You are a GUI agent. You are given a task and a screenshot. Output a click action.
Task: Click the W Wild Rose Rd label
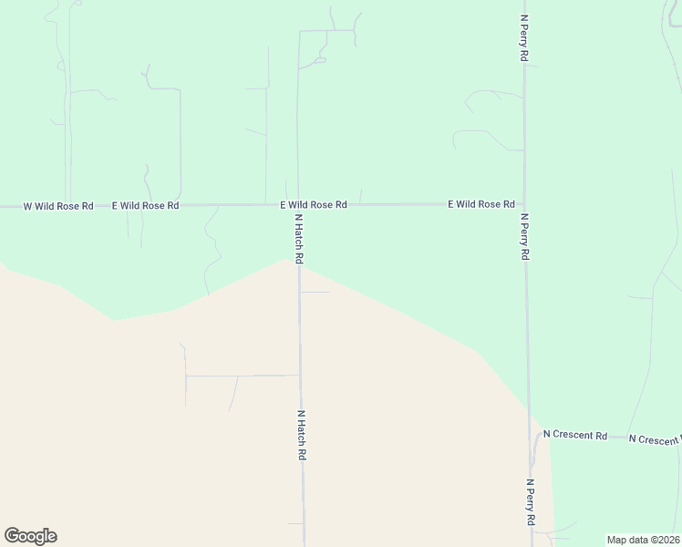click(58, 206)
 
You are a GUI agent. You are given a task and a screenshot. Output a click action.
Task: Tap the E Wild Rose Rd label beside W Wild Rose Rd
click(145, 206)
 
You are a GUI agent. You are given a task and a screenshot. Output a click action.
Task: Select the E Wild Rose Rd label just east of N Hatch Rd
click(313, 205)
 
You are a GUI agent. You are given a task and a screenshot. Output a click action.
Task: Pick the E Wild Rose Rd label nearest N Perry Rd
click(481, 205)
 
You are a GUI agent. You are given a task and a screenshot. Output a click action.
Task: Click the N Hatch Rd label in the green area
click(298, 239)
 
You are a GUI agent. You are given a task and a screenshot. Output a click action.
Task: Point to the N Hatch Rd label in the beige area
click(300, 434)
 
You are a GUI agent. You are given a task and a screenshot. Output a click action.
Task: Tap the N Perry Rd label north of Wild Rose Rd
click(524, 36)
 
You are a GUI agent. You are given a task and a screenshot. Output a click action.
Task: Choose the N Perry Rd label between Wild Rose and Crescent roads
click(524, 237)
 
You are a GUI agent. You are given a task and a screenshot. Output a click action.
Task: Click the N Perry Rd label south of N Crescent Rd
click(530, 501)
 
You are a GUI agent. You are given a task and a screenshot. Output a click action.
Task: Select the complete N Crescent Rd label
click(575, 436)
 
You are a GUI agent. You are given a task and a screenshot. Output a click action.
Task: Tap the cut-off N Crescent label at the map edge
click(656, 439)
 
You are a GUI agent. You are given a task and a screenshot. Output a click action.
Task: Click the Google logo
click(30, 536)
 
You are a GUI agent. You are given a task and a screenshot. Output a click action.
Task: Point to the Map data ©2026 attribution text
click(643, 540)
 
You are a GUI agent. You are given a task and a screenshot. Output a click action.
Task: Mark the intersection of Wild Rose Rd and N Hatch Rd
click(298, 205)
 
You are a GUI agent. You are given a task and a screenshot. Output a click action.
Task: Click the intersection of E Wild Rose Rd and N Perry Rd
click(524, 205)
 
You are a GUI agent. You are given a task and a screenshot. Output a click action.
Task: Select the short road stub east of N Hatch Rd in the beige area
click(315, 293)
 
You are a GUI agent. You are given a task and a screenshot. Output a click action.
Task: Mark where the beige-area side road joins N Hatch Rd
click(300, 375)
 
